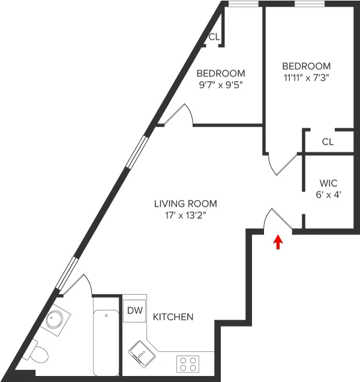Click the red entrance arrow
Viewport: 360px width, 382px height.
pos(278,241)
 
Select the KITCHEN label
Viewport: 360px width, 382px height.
pos(173,317)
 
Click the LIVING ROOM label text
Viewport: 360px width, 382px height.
pos(185,204)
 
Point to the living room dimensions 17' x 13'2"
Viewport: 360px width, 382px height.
pos(185,215)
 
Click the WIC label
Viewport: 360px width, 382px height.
pos(328,183)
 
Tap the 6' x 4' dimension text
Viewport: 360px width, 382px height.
pos(328,195)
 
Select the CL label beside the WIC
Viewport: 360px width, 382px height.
pos(327,142)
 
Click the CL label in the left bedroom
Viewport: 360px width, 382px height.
pos(214,37)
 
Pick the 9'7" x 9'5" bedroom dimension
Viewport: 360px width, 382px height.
pos(221,85)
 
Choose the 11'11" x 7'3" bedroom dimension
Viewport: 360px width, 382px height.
pos(306,77)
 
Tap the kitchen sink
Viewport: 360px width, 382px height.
pos(142,353)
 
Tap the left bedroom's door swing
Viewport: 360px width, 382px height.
pos(179,114)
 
